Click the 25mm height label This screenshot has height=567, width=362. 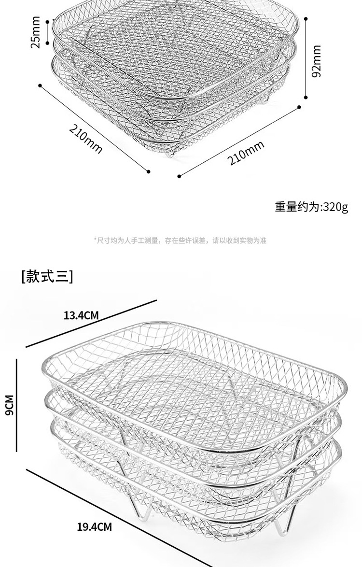click(35, 32)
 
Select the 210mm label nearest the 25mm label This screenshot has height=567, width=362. click(86, 138)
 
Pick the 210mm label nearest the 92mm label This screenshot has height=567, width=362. click(247, 153)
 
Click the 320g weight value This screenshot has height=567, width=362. click(335, 207)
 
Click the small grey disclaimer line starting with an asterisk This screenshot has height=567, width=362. click(180, 240)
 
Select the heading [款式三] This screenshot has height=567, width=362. click(47, 276)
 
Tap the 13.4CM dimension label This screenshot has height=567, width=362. click(81, 316)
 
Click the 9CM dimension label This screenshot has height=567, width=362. click(9, 405)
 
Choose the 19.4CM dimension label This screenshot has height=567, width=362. click(94, 526)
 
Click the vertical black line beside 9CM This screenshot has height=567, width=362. click(16, 405)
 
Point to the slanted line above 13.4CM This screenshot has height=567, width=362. click(92, 323)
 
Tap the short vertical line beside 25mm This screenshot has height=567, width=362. click(47, 32)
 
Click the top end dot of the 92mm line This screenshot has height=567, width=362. click(306, 19)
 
